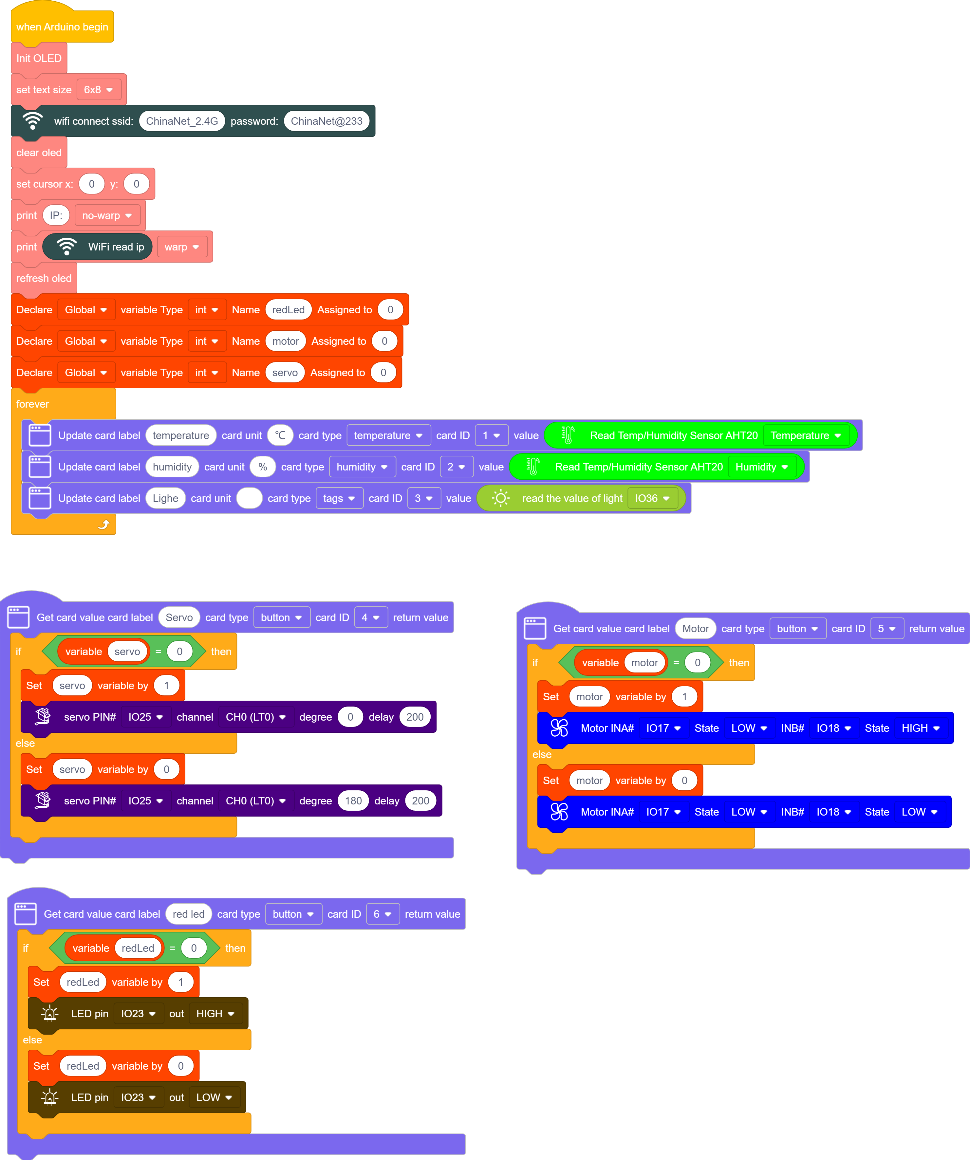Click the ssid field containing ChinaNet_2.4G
click(182, 121)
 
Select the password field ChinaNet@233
click(326, 121)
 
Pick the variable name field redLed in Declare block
click(289, 310)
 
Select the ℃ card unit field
click(280, 435)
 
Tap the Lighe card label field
click(165, 498)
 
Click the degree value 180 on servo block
click(353, 801)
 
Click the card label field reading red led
click(188, 914)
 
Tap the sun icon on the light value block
click(500, 498)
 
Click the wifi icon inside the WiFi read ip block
click(66, 247)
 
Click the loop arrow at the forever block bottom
click(104, 524)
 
